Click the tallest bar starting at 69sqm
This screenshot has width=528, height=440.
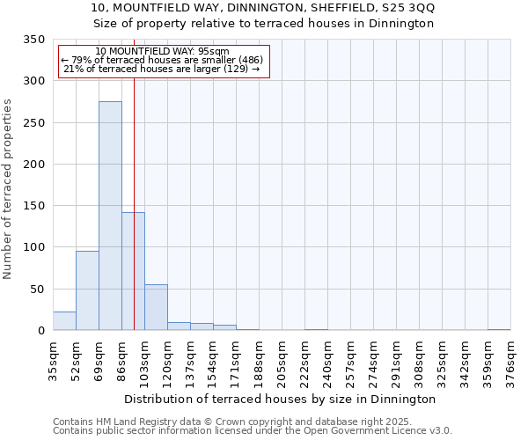110,216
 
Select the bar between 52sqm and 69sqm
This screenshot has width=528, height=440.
87,290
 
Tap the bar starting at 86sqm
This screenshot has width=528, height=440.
133,271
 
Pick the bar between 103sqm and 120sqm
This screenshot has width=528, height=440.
156,307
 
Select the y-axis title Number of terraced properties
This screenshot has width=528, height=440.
8,189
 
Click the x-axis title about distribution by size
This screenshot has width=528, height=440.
280,399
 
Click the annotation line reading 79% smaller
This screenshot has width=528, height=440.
162,60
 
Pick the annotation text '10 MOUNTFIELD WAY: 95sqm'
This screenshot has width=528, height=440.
162,51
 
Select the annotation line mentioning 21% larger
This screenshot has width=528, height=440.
162,69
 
